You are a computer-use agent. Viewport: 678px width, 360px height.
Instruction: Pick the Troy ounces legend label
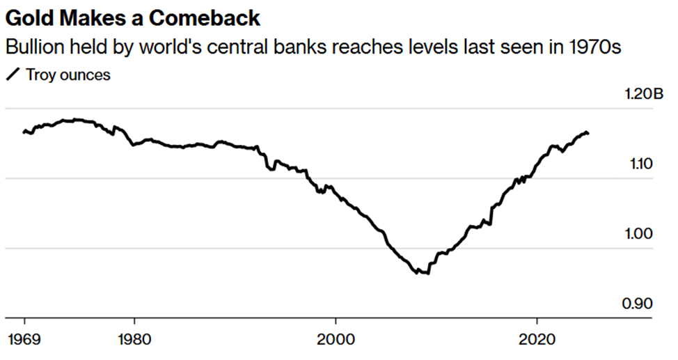(x=68, y=75)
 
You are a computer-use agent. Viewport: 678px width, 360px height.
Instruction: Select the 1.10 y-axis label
(x=640, y=164)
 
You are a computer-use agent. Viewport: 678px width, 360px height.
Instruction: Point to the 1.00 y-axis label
(x=640, y=234)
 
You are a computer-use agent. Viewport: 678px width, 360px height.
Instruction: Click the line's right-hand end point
(x=588, y=133)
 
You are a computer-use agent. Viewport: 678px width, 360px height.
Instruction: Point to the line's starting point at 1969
(x=24, y=131)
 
